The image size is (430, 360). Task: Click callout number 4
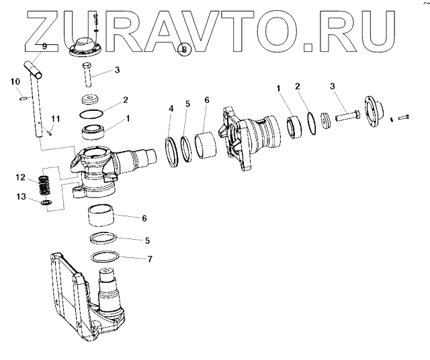(171, 108)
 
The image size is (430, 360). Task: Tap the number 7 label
(150, 259)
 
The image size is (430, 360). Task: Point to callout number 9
(44, 46)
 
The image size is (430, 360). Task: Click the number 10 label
(15, 82)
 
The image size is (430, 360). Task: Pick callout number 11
(56, 119)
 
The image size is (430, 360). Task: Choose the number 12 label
(21, 178)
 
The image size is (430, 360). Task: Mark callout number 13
(21, 196)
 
